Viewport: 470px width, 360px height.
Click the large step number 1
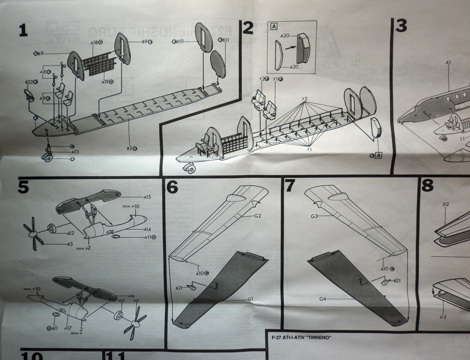[23, 31]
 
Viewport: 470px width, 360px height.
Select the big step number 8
[427, 186]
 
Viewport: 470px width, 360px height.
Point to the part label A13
[75, 152]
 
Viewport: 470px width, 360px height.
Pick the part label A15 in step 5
[147, 197]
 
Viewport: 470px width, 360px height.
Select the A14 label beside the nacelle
[147, 229]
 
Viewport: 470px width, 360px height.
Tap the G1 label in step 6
[251, 299]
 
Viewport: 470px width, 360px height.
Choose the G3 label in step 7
[314, 216]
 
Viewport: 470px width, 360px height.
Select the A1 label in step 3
[448, 62]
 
